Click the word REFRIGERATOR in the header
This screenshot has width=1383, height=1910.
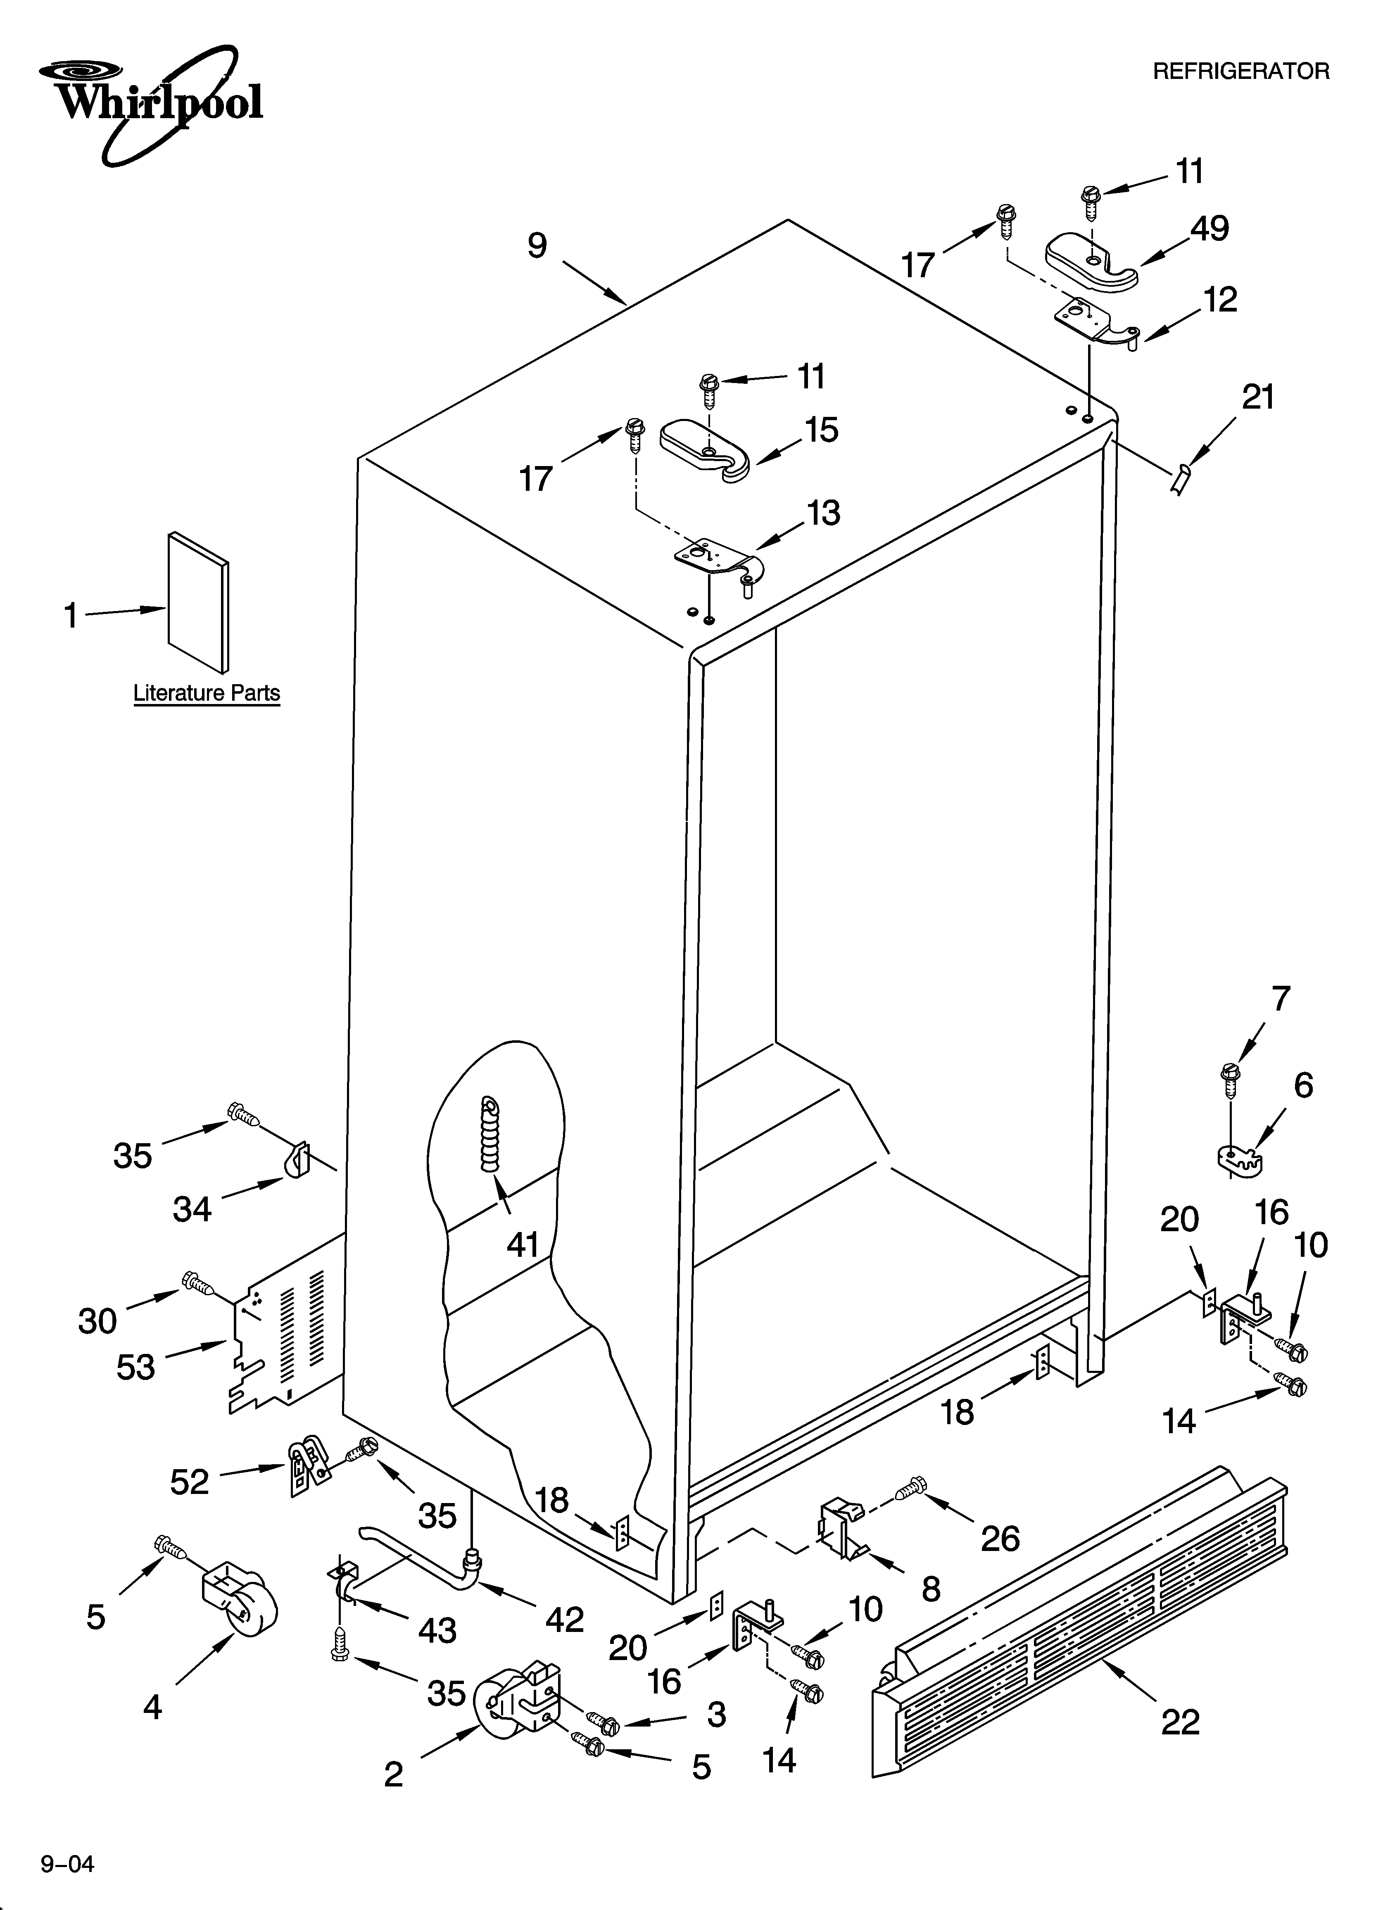point(1240,71)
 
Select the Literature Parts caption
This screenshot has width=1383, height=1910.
point(207,693)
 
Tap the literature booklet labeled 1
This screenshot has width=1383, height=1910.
point(198,602)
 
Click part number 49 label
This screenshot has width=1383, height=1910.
point(1210,228)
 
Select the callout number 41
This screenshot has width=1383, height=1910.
point(522,1244)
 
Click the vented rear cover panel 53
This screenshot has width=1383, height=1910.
point(286,1339)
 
